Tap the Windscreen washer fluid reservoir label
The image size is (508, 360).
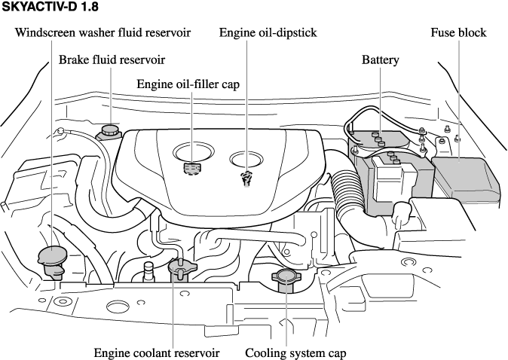click(103, 33)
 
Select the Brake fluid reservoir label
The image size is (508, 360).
click(112, 59)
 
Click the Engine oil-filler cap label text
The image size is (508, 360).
click(188, 84)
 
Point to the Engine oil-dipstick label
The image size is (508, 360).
click(268, 33)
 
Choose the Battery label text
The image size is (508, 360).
click(380, 59)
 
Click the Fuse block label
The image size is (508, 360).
click(458, 33)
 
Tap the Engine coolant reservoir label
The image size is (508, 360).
click(157, 352)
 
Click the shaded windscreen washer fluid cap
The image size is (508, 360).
click(53, 258)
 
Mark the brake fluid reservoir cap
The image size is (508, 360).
click(108, 132)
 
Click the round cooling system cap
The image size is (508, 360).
click(287, 280)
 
